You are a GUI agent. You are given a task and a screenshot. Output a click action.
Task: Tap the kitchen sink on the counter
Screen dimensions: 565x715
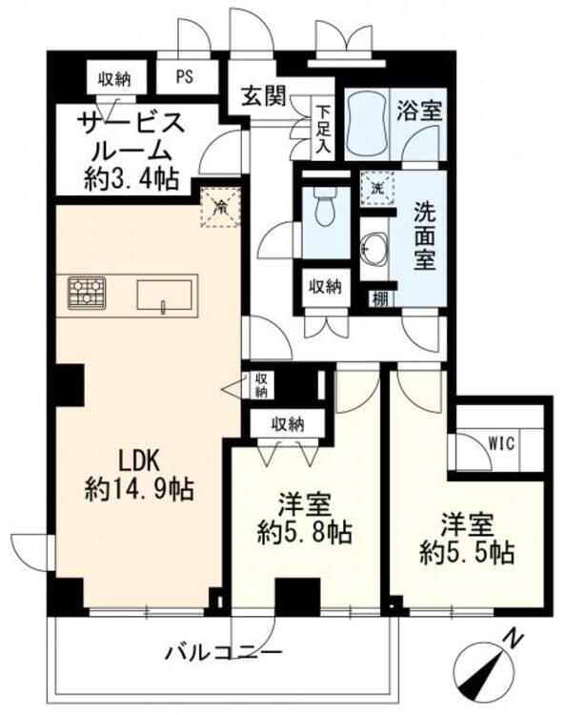coord(164,296)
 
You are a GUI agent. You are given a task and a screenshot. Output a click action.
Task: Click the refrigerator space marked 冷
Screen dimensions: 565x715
coord(221,208)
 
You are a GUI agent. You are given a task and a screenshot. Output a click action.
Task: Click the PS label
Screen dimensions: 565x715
coord(185,76)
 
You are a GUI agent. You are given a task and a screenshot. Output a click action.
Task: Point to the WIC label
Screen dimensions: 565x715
coord(501,442)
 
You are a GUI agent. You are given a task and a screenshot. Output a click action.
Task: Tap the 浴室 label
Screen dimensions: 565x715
coord(418,111)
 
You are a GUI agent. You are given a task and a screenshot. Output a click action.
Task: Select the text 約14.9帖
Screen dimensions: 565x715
coord(139,490)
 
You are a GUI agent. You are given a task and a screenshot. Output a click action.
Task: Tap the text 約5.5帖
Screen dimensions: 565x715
coord(467,553)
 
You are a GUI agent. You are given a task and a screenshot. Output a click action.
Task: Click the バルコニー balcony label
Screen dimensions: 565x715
coord(223,653)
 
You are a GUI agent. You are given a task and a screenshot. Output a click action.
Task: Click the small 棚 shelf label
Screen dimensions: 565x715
coord(380,299)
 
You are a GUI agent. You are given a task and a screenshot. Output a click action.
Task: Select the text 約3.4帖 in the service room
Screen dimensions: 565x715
coord(131,178)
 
